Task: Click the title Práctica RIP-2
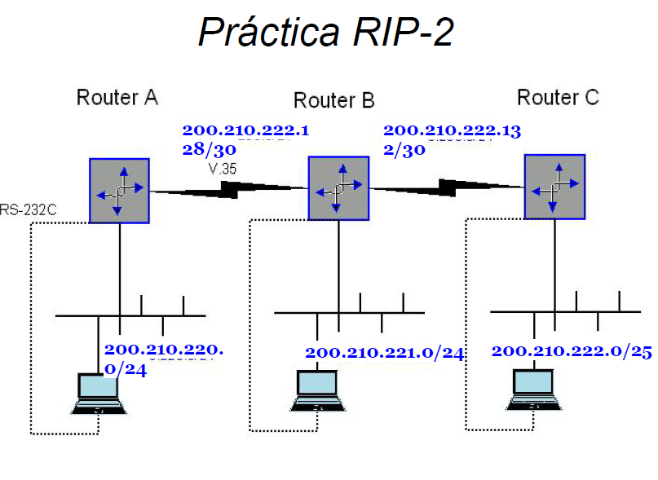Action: pos(325,33)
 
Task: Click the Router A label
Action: pos(117,98)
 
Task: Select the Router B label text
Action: pos(333,101)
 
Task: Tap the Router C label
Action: pos(558,98)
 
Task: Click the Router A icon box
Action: pos(119,191)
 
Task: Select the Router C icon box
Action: pos(554,187)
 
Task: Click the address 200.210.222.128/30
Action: pos(245,139)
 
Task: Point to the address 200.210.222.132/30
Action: pos(452,139)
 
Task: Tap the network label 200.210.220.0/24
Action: pos(163,359)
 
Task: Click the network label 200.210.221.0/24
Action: pos(384,353)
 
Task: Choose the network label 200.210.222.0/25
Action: pos(571,351)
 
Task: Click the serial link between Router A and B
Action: pos(228,191)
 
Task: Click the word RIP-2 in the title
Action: pos(404,33)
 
